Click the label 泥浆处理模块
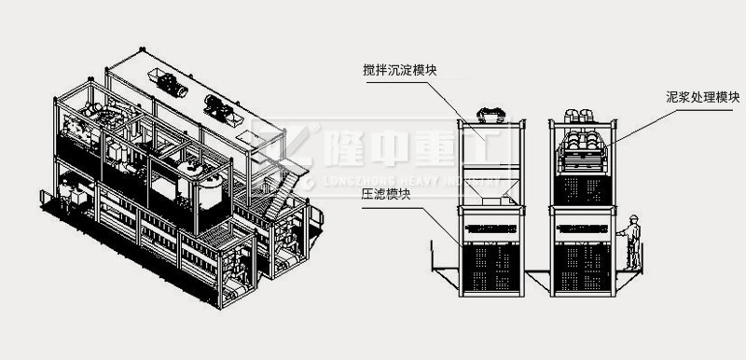(699, 96)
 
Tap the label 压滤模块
(381, 197)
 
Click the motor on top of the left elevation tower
(490, 115)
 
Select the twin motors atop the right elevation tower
(581, 115)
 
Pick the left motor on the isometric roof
(172, 84)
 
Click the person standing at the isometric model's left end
(65, 194)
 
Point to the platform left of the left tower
(444, 270)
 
